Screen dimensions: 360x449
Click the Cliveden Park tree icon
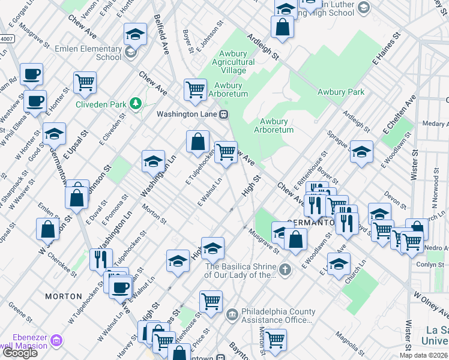[136, 104]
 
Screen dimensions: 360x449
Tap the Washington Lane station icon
[223, 114]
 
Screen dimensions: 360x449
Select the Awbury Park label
[340, 92]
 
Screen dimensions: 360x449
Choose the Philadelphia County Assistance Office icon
[232, 314]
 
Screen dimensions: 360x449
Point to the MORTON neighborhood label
[64, 296]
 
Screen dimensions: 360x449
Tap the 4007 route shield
[6, 38]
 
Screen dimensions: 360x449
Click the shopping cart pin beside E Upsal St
[85, 82]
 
